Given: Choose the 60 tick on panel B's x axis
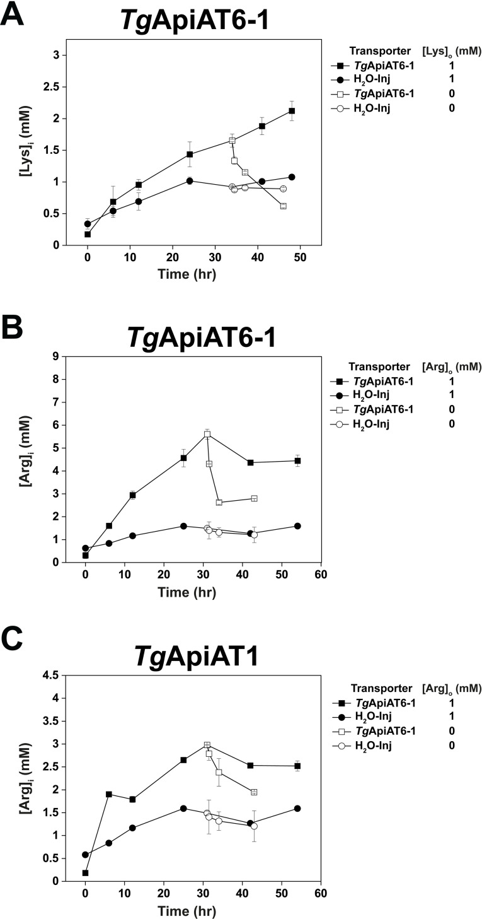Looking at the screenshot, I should [320, 575].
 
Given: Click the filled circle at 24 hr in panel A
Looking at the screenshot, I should [190, 180].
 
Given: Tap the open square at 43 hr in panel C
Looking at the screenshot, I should [254, 792].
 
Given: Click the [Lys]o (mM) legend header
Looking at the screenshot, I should [450, 50].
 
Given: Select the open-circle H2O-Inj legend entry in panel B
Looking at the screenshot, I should [372, 424].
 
